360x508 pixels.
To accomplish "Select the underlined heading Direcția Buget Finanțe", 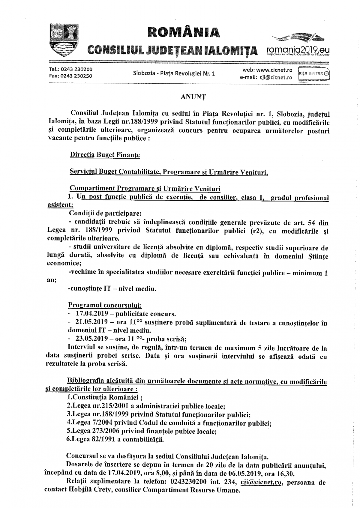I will click(105, 155).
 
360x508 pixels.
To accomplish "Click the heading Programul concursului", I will click(105, 305).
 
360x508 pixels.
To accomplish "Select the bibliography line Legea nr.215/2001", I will click(146, 406).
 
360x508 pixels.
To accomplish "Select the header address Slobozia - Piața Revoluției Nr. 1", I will click(174, 73).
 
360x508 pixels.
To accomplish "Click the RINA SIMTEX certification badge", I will click(313, 73).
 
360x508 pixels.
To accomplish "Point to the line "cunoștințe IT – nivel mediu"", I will click(112, 289).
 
